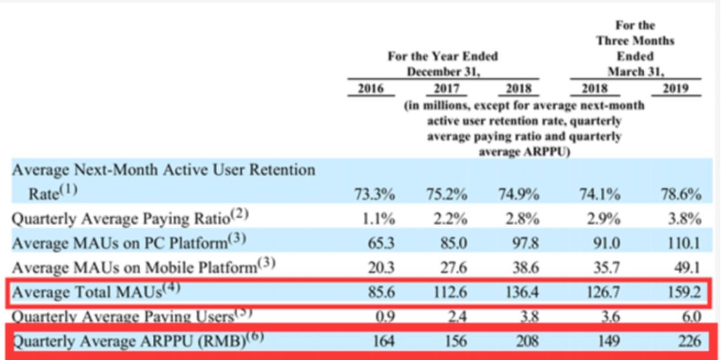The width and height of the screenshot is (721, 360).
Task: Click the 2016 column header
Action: click(371, 89)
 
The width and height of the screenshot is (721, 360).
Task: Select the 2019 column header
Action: click(680, 89)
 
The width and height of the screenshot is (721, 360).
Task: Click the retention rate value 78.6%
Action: click(681, 194)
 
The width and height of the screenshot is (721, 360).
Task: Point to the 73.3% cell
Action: click(374, 194)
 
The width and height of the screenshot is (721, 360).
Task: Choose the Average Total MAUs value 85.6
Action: click(379, 292)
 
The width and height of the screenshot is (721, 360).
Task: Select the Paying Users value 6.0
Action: click(690, 317)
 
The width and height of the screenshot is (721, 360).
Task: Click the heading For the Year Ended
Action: click(443, 57)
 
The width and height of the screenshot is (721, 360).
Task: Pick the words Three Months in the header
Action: click(635, 41)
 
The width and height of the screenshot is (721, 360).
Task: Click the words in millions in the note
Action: click(441, 106)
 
